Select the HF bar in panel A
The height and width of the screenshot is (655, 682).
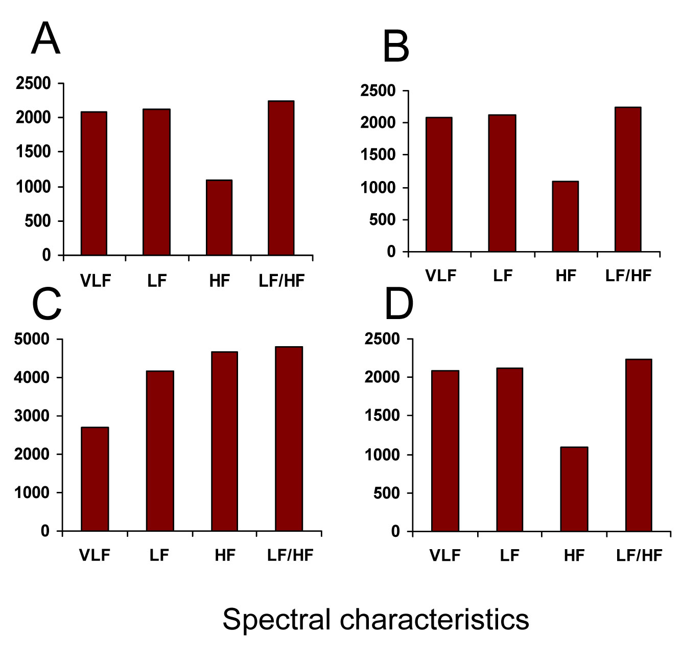219,217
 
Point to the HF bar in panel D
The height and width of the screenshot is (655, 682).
574,489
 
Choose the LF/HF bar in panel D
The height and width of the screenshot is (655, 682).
639,445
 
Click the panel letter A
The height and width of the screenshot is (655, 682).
46,40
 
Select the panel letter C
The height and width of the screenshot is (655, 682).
46,305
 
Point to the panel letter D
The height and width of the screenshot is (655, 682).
398,305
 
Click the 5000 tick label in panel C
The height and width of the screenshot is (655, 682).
32,340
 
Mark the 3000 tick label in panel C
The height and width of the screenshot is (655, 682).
32,416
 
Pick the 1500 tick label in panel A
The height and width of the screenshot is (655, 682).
33,152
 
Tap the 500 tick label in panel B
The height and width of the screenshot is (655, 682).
384,220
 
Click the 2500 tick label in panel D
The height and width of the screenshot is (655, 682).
382,340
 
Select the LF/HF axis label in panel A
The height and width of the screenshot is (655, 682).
281,281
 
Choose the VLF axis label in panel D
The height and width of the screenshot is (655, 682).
445,555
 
